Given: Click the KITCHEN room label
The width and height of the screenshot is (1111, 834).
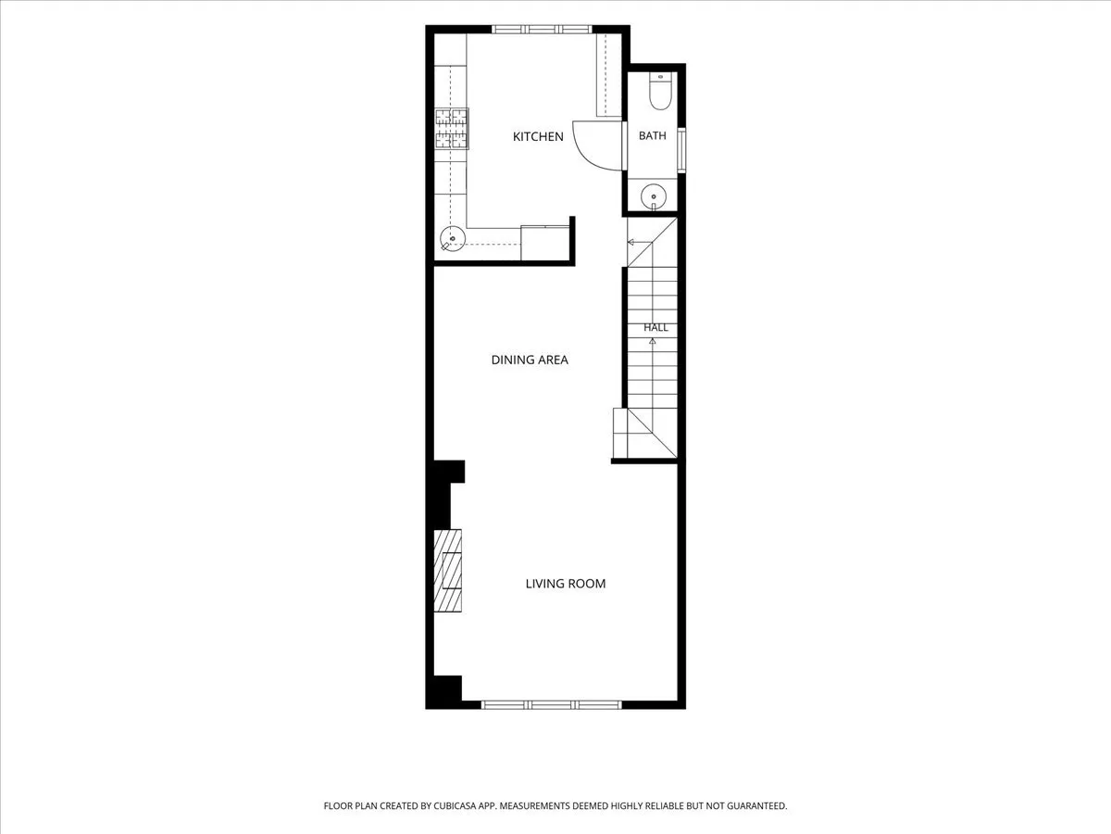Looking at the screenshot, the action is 538,137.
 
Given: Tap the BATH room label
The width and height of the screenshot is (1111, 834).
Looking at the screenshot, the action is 653,135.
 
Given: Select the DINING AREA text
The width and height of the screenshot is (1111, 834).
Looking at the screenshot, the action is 530,360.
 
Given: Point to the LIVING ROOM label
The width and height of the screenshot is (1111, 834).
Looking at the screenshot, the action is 566,584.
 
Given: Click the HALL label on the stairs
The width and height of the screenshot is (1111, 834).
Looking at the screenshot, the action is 655,328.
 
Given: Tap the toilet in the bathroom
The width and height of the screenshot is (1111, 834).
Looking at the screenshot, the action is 660,91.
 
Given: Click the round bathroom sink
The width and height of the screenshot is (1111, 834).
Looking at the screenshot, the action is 654,196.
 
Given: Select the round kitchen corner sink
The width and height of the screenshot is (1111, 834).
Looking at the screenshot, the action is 453,238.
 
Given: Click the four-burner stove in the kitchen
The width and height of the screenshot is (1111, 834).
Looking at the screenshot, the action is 452,129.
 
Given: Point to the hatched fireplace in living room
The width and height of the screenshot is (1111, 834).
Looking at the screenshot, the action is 447,571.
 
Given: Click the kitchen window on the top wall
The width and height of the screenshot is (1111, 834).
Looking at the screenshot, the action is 542,30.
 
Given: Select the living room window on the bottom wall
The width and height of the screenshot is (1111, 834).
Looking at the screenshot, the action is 551,704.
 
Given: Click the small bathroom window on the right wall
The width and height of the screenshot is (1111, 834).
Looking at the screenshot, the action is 681,150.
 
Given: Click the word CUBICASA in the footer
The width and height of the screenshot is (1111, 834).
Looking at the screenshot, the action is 455,805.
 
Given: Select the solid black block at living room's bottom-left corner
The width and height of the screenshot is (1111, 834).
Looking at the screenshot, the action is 444,691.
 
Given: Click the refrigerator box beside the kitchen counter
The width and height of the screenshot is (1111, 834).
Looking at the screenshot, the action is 544,243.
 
